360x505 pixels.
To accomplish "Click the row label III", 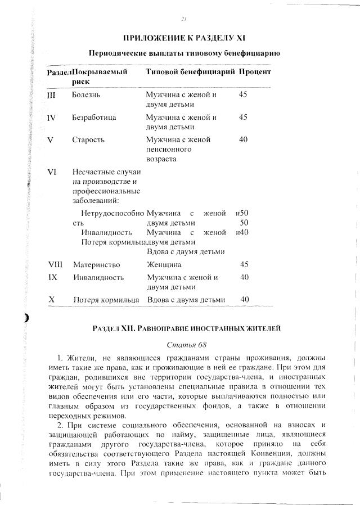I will click(x=51, y=95).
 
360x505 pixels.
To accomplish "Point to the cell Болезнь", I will click(x=86, y=95).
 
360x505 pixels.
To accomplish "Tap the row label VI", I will click(x=52, y=172).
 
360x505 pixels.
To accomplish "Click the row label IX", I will click(x=52, y=277).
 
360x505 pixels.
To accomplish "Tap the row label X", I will click(x=51, y=300).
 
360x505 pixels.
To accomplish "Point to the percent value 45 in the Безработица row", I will click(x=243, y=118).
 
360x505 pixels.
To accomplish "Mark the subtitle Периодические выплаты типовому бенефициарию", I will click(x=184, y=53).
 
